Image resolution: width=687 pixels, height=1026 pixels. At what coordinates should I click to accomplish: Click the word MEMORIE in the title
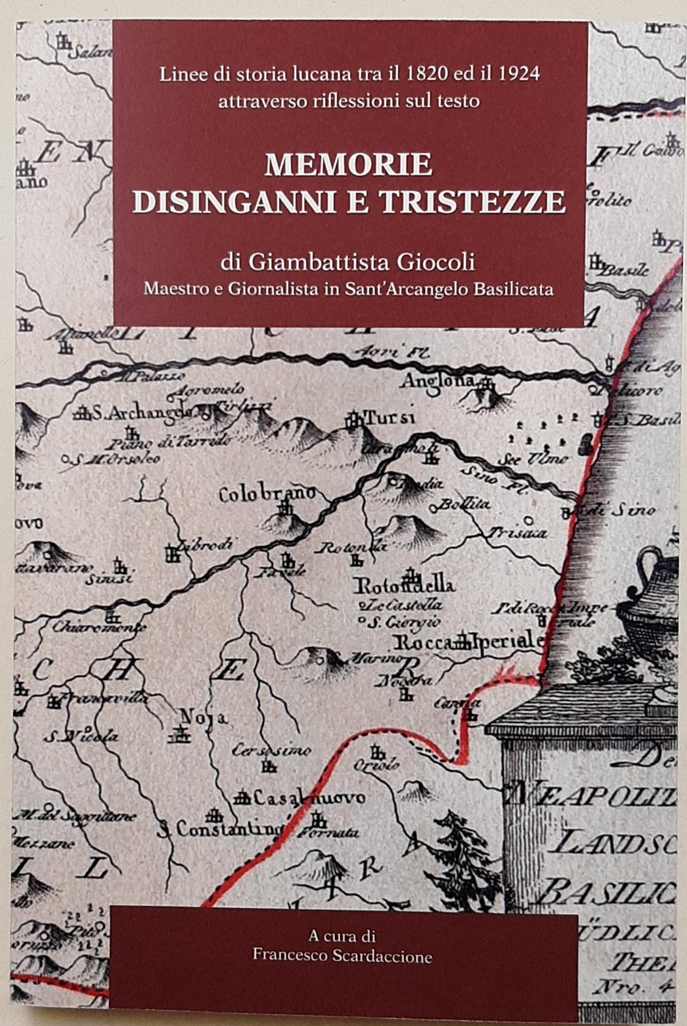click(348, 165)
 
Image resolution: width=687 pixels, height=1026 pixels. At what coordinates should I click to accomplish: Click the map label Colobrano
click(268, 495)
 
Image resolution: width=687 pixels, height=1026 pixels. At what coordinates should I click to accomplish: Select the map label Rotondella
click(404, 586)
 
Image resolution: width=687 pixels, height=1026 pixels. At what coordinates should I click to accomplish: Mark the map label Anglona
click(438, 380)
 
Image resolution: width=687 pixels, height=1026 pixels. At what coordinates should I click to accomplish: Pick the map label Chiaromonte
click(99, 628)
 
